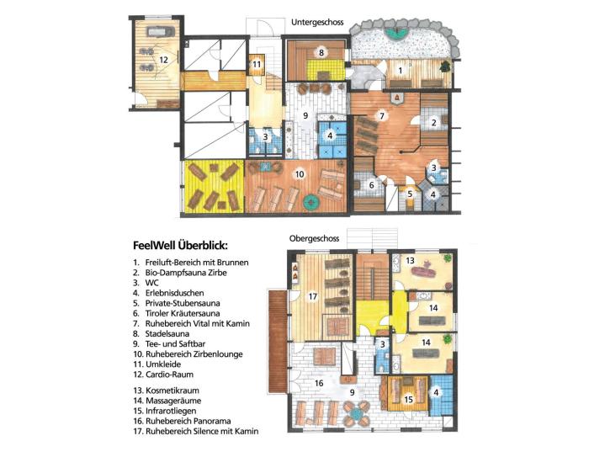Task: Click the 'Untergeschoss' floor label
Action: (x=317, y=22)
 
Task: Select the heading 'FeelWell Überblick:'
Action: (x=180, y=246)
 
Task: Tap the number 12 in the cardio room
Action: (x=163, y=60)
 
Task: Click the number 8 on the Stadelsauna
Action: (x=321, y=53)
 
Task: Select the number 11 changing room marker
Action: (x=257, y=64)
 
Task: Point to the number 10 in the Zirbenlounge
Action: (x=300, y=174)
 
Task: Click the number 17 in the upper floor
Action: (x=313, y=296)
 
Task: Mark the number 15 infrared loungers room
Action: (x=409, y=400)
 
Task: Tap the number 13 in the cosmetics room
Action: (x=411, y=260)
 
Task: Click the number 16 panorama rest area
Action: (x=319, y=383)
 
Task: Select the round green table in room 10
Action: (x=311, y=203)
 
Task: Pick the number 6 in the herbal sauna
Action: (x=372, y=185)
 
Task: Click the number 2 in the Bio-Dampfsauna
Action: (x=434, y=123)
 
